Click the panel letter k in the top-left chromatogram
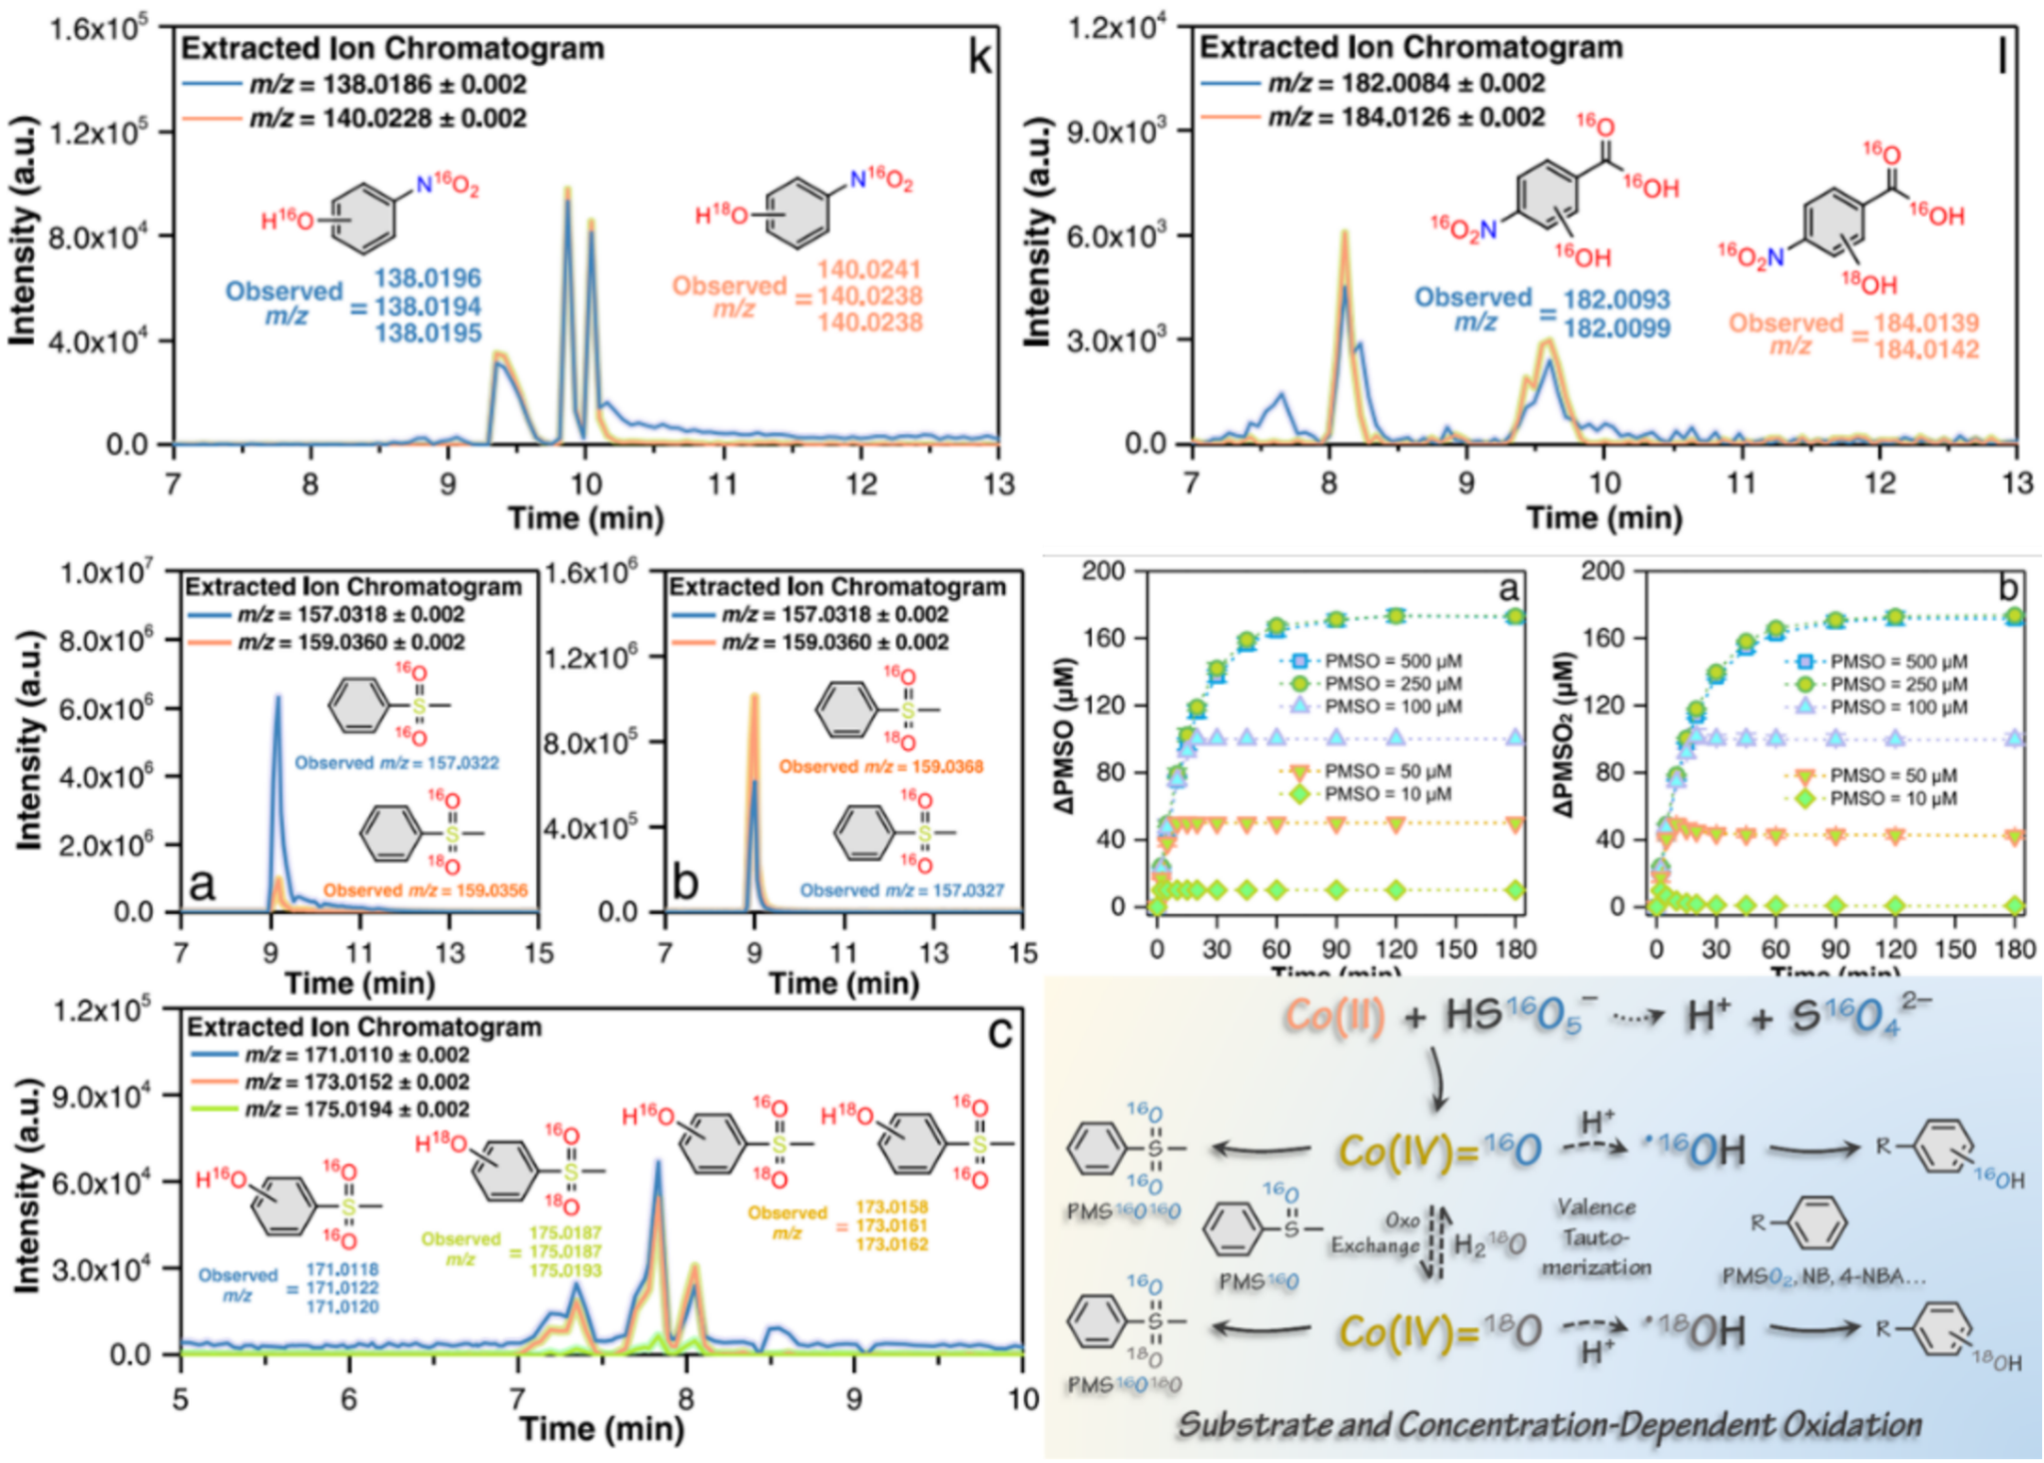(980, 58)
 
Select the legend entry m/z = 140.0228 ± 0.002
(387, 119)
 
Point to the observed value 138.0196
(428, 278)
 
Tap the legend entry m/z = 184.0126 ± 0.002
(1405, 118)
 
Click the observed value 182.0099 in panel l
(1616, 327)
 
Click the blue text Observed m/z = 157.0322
(396, 763)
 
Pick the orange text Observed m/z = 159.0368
(880, 766)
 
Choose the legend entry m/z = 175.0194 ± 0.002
(356, 1109)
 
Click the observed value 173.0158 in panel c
(891, 1208)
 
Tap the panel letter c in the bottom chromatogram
(999, 1032)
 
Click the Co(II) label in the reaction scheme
(1333, 1017)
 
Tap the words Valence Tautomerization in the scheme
(1595, 1237)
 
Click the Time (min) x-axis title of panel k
(586, 518)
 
